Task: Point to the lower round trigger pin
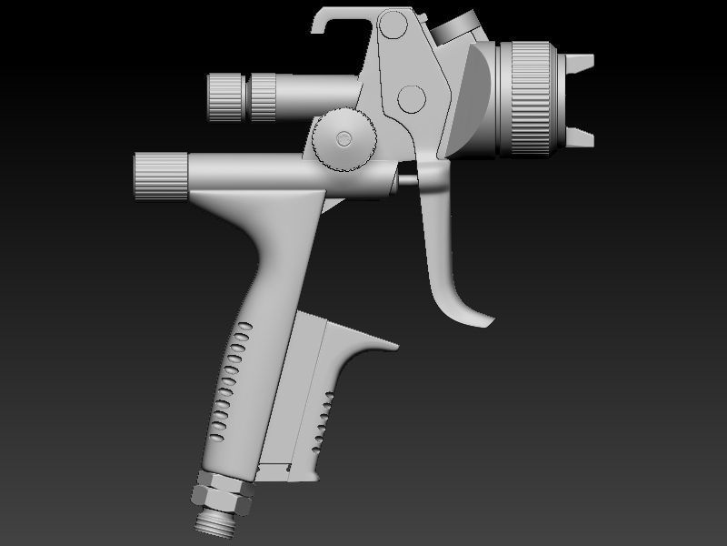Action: pos(412,98)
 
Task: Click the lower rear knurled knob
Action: pos(161,177)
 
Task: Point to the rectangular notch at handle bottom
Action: pos(273,469)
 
